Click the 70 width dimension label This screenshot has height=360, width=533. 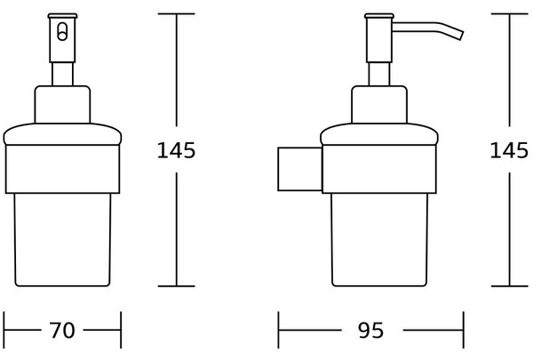pyautogui.click(x=62, y=330)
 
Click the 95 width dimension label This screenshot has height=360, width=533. pyautogui.click(x=370, y=330)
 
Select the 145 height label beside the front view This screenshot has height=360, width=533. pyautogui.click(x=176, y=150)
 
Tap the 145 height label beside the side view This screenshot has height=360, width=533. pyautogui.click(x=509, y=150)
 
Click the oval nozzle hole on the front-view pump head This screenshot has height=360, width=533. pyautogui.click(x=62, y=32)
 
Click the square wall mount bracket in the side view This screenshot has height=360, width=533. pyautogui.click(x=300, y=169)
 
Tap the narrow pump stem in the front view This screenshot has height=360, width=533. pyautogui.click(x=62, y=74)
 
